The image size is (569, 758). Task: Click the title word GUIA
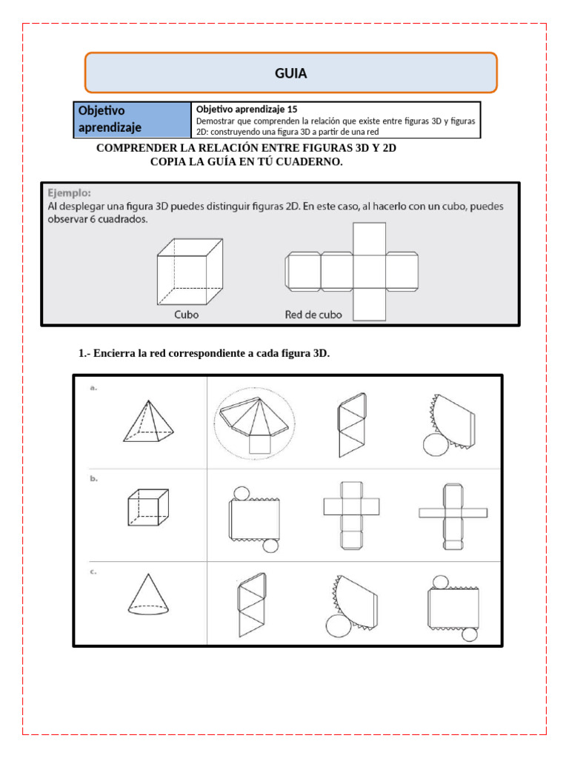tap(290, 73)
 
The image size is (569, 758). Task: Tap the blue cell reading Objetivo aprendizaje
tap(132, 120)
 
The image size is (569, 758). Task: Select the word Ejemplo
tap(69, 192)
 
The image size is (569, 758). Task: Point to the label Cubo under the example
tap(186, 314)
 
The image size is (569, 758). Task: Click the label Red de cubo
tap(313, 314)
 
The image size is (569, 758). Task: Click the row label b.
tap(94, 479)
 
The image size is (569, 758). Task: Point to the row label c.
tap(94, 571)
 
